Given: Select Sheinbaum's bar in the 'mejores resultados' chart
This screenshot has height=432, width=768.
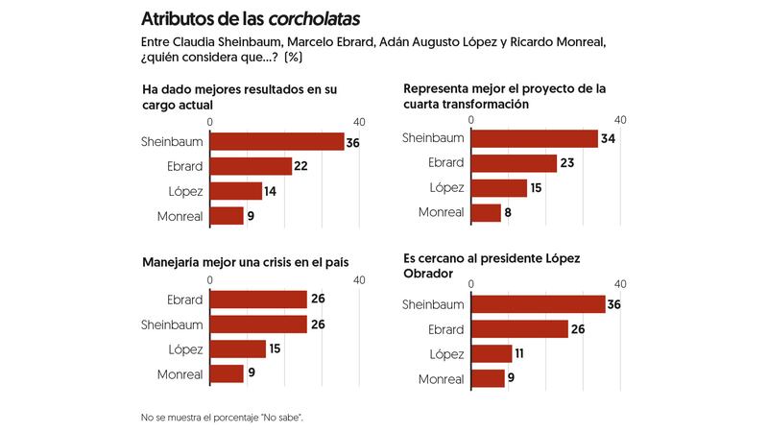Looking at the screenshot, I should point(276,141).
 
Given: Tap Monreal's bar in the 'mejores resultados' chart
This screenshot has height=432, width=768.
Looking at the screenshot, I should point(227,216).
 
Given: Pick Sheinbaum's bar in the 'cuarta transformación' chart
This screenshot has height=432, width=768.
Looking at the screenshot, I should point(535,138).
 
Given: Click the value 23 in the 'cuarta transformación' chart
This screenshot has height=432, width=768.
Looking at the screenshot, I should point(566,163).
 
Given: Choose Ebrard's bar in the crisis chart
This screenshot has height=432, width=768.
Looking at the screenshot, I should point(258,300).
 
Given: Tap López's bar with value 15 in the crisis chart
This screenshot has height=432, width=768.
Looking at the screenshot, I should point(237,348).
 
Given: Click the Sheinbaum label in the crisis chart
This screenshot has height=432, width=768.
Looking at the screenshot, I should point(172,324).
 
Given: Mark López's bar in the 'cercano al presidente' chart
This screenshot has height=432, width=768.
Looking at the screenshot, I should point(492,354).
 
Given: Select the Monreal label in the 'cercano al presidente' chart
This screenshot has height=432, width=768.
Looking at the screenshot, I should point(442,379).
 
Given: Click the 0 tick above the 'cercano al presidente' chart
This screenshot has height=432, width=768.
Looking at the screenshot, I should point(471,284).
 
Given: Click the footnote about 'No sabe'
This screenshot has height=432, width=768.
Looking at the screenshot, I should point(228,418).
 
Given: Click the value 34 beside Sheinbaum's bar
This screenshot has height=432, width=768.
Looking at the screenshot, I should point(607,138).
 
